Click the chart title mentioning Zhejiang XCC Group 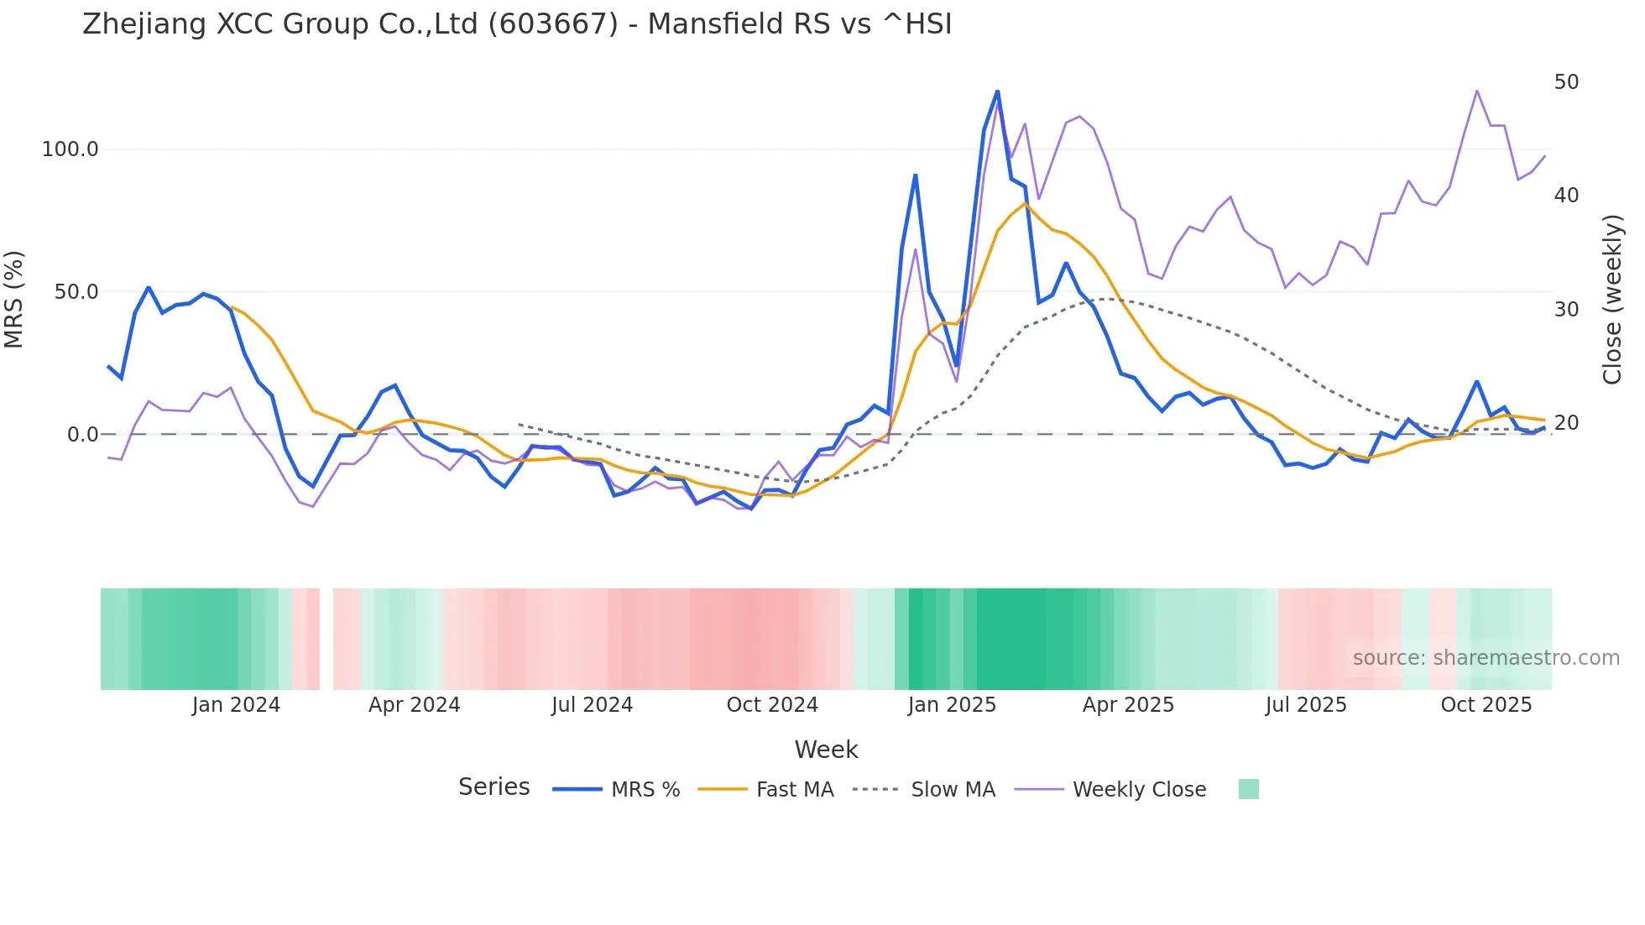pyautogui.click(x=517, y=24)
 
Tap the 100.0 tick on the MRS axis pyautogui.click(x=70, y=149)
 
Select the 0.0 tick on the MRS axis pyautogui.click(x=82, y=435)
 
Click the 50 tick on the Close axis pyautogui.click(x=1566, y=82)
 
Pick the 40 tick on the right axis pyautogui.click(x=1566, y=196)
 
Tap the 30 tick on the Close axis pyautogui.click(x=1566, y=310)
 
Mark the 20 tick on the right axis pyautogui.click(x=1566, y=423)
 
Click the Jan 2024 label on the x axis pyautogui.click(x=236, y=705)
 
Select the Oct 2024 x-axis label pyautogui.click(x=772, y=705)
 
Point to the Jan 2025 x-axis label pyautogui.click(x=952, y=705)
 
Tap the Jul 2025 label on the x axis pyautogui.click(x=1306, y=705)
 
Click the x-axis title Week pyautogui.click(x=826, y=750)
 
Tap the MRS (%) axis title pyautogui.click(x=14, y=300)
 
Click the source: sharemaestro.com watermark pyautogui.click(x=1486, y=658)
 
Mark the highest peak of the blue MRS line pyautogui.click(x=997, y=91)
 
